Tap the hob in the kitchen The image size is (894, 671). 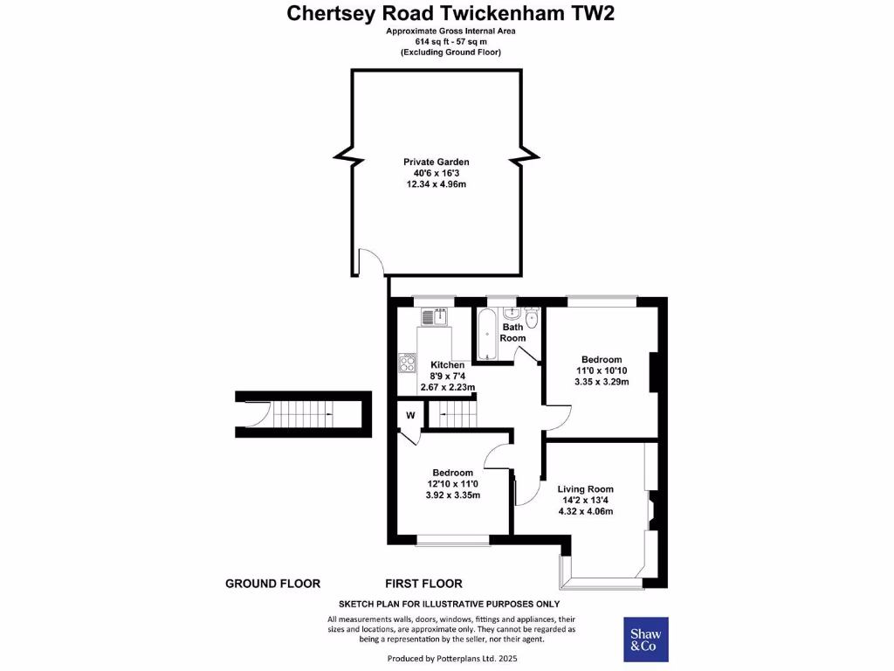click(408, 362)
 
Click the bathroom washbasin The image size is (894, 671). click(512, 313)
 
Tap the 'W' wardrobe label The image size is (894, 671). click(409, 415)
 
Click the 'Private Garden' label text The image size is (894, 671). click(436, 162)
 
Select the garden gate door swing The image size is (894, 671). click(369, 261)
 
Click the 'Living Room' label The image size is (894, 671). click(586, 489)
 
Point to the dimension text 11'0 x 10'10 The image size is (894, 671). click(601, 370)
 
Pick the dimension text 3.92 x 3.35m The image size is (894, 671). click(451, 495)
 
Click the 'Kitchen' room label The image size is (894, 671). click(448, 364)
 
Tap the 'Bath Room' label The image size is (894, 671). click(512, 333)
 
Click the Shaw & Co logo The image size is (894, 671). click(645, 640)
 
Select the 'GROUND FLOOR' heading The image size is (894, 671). click(272, 584)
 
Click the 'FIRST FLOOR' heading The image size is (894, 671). click(423, 584)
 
